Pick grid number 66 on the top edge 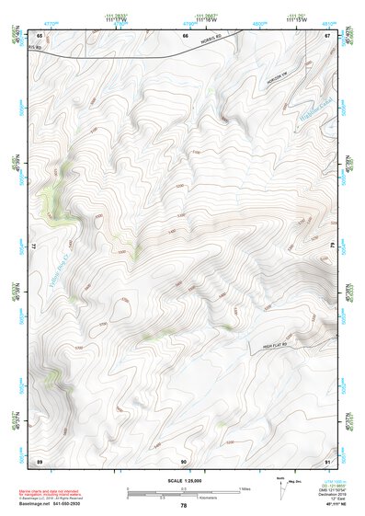[x=184, y=36]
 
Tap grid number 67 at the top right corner [x=327, y=36]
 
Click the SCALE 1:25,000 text [x=184, y=481]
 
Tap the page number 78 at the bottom [x=184, y=506]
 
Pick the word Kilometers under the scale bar [x=209, y=498]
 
